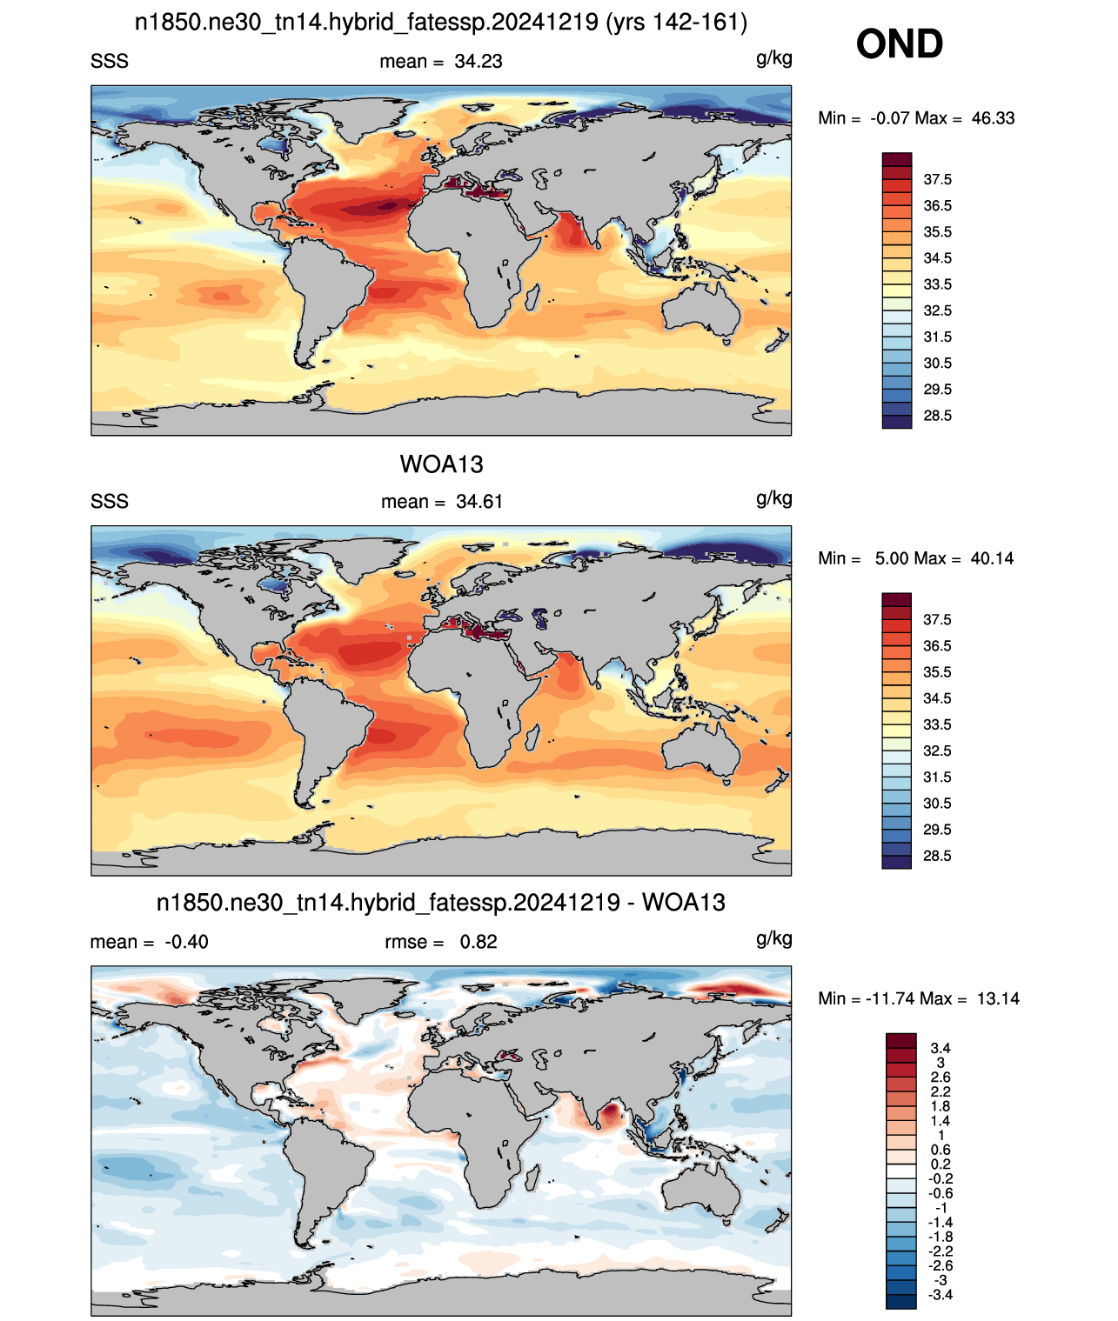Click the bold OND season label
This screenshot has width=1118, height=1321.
899,44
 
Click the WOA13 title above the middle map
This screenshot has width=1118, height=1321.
441,464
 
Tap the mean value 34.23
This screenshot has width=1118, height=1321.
479,62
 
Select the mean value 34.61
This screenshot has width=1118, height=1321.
479,502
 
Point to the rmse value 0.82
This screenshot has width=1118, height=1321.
479,942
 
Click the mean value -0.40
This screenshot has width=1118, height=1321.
186,942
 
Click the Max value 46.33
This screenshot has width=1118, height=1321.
993,118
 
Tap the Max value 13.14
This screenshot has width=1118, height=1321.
998,999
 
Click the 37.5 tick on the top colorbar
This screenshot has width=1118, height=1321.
937,180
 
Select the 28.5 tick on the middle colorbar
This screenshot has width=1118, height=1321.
937,856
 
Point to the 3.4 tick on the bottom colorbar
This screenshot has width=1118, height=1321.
941,1048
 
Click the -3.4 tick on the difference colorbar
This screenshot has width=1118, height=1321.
940,1295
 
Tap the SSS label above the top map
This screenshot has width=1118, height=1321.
110,62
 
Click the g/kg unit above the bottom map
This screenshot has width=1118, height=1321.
774,938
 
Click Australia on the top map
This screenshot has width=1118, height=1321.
701,310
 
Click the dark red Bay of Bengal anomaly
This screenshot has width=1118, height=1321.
611,1113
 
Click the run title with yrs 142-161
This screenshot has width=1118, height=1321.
440,23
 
